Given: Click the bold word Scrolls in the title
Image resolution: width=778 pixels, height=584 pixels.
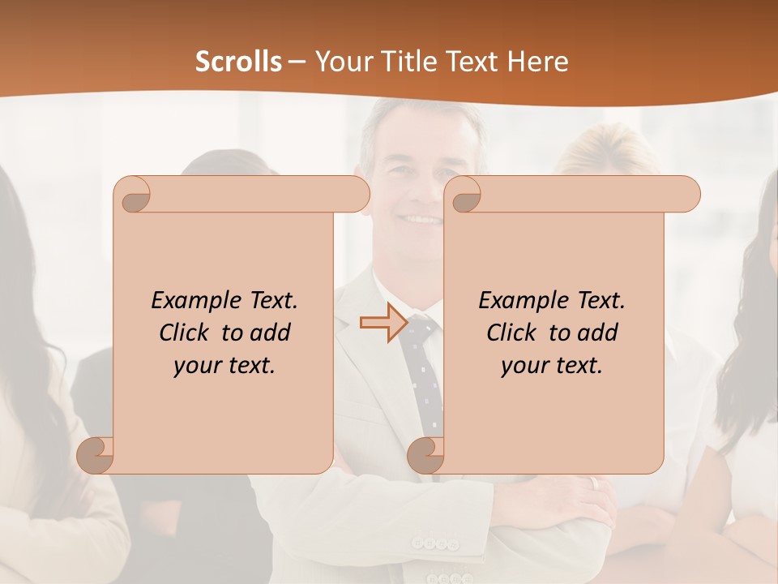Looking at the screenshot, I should click(x=238, y=62).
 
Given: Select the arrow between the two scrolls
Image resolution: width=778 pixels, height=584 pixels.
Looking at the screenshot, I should click(x=383, y=323).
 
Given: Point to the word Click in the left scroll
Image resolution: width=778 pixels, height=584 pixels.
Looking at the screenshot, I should click(x=186, y=333).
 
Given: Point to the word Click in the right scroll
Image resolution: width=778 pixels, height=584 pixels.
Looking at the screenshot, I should click(x=514, y=333).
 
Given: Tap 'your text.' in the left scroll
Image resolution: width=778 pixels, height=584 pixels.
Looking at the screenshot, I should click(x=224, y=366).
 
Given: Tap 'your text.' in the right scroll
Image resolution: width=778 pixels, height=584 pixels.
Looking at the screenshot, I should click(x=551, y=366).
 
